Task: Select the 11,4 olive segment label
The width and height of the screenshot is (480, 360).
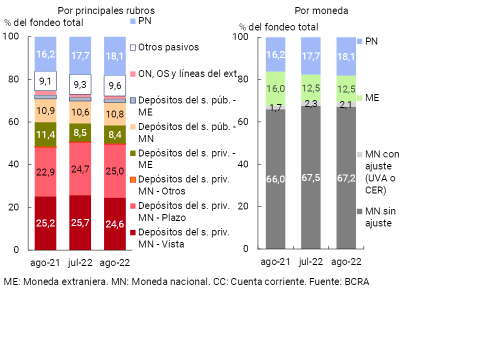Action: tap(45, 134)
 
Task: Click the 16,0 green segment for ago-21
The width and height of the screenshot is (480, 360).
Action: tap(275, 89)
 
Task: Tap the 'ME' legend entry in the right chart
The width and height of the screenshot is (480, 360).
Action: tap(372, 98)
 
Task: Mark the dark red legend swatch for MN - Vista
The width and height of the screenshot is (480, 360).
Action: tap(133, 232)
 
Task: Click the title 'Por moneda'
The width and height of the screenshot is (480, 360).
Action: tap(321, 10)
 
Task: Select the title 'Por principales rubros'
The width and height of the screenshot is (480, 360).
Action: tap(106, 10)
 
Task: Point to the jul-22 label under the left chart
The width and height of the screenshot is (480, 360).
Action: tap(80, 262)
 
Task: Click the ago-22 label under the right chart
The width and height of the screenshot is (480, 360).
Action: tap(346, 262)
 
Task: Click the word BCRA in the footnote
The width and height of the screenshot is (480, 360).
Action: tap(356, 281)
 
